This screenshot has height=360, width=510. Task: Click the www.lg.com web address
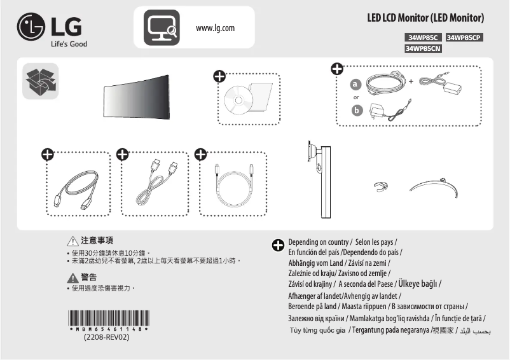pyautogui.click(x=216, y=28)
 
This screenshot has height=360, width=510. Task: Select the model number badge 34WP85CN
pyautogui.click(x=423, y=48)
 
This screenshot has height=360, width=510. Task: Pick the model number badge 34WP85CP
pyautogui.click(x=465, y=38)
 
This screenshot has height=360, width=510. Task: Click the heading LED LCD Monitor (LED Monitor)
pyautogui.click(x=425, y=18)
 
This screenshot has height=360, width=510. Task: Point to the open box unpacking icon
pyautogui.click(x=40, y=81)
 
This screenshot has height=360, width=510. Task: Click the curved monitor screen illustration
pyautogui.click(x=137, y=97)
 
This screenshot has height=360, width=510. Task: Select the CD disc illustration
pyautogui.click(x=239, y=100)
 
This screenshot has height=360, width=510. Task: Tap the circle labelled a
pyautogui.click(x=356, y=85)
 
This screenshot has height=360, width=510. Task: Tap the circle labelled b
pyautogui.click(x=356, y=111)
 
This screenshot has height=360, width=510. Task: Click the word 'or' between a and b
pyautogui.click(x=356, y=97)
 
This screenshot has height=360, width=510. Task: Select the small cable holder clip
pyautogui.click(x=380, y=186)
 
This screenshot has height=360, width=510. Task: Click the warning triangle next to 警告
pyautogui.click(x=72, y=277)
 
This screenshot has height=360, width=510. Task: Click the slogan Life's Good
pyautogui.click(x=69, y=44)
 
